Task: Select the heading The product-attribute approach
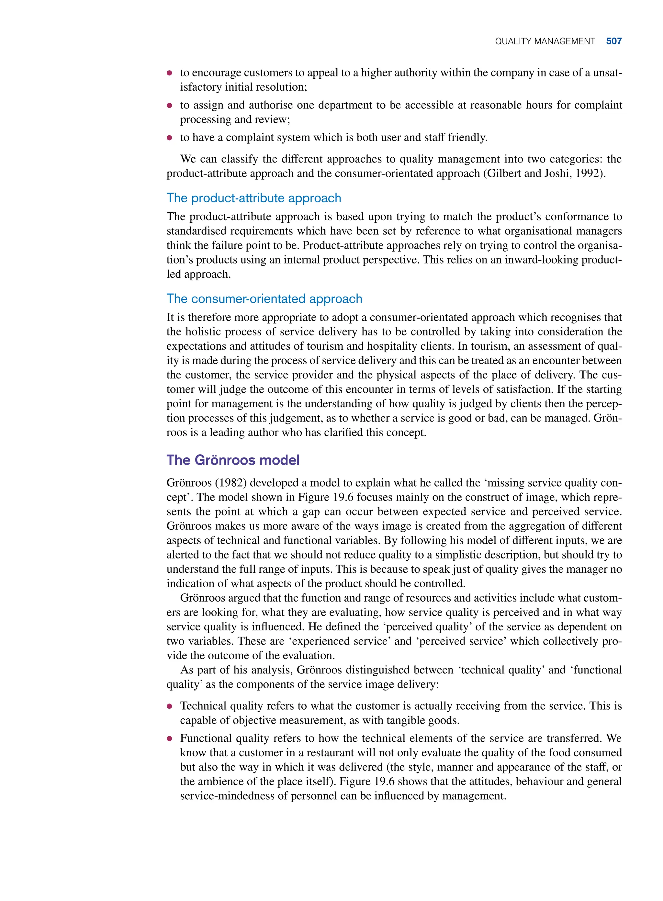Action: (x=253, y=198)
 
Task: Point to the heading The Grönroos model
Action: (x=233, y=460)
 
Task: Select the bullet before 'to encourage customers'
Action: (x=169, y=73)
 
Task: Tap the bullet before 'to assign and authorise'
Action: (x=169, y=106)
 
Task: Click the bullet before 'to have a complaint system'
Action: (x=169, y=138)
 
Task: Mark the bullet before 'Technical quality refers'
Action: (x=169, y=706)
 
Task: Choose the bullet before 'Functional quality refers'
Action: (x=169, y=739)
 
